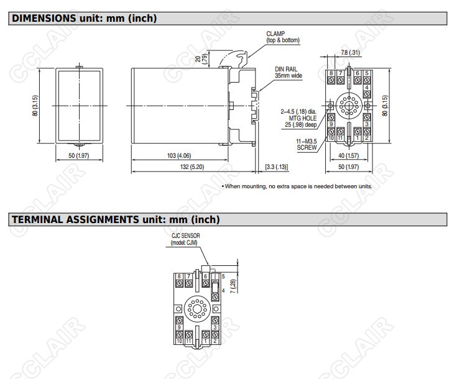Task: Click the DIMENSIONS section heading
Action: point(84,19)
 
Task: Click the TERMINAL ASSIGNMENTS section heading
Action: point(116,219)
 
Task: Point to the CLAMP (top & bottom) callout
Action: point(283,37)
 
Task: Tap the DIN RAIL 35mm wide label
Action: point(289,72)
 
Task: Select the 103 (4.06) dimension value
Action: point(179,155)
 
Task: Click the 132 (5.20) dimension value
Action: point(192,167)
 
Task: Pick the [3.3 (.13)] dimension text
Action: point(277,167)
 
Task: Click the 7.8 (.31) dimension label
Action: point(350,52)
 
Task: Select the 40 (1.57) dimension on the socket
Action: point(349,155)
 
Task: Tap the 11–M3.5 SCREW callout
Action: point(307,145)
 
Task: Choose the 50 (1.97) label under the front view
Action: point(79,155)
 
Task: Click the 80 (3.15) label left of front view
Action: point(35,106)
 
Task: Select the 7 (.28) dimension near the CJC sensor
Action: point(233,286)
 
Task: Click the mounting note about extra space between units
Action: point(297,186)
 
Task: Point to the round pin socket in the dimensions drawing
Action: point(349,106)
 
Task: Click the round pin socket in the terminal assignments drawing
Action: point(197,309)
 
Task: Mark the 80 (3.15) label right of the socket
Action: point(385,106)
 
